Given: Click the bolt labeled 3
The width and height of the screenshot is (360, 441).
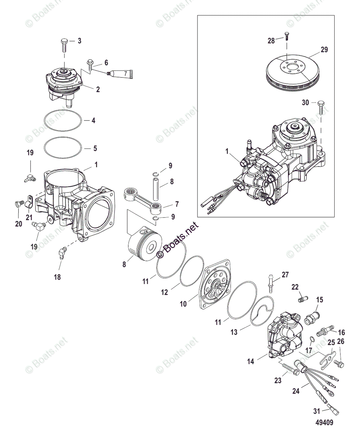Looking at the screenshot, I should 64,45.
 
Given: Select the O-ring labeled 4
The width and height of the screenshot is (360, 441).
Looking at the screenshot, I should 62,120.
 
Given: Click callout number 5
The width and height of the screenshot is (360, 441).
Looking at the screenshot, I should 95,149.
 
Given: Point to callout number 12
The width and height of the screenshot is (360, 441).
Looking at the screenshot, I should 164,292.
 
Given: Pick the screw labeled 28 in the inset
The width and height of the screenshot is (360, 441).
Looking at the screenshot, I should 286,36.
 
